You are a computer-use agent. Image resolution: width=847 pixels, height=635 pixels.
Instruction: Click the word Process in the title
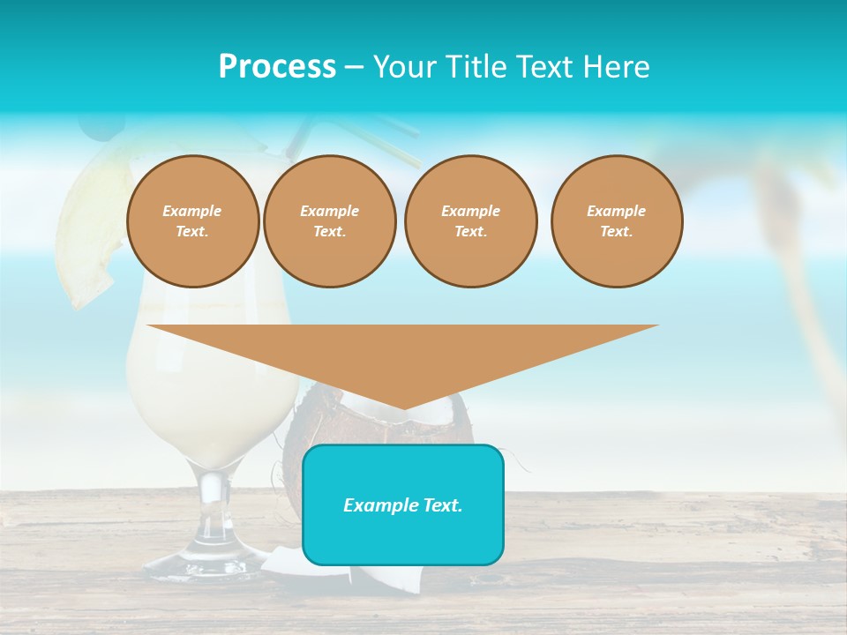coord(277,66)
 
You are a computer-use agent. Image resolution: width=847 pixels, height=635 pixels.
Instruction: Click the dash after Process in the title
coord(355,67)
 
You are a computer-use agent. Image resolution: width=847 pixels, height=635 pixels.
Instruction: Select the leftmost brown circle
coord(192,221)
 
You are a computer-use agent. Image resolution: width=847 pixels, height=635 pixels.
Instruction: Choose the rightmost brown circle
coord(617,221)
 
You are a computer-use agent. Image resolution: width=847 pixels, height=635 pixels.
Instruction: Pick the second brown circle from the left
coord(329,221)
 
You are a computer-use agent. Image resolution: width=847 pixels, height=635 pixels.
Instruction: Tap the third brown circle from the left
coord(470,221)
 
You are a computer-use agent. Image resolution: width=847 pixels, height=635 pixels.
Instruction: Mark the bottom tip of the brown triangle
coord(403,407)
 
